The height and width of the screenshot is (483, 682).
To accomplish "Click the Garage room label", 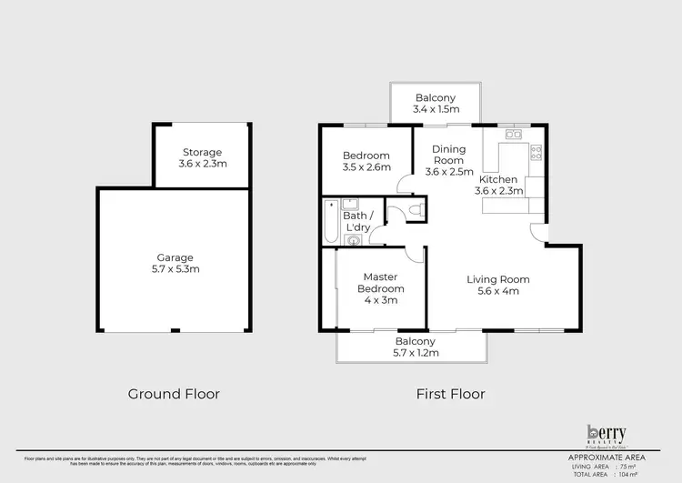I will pos(174,257).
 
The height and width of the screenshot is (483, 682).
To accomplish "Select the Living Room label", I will pos(498,279).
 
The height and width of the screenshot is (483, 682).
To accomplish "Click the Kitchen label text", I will pos(499,178).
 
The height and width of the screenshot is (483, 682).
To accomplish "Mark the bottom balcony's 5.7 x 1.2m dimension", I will pos(416,352).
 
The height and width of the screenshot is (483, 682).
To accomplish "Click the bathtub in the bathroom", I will pos(330,220).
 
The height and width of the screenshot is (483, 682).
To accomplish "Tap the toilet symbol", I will pos(415,211).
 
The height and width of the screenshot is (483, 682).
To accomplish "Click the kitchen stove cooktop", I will pos(537,153).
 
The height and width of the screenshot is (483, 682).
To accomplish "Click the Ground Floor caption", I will pos(174,394).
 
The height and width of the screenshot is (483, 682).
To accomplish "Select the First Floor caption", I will pos(450,394).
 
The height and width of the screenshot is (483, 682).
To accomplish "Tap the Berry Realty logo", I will pos(606,435).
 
